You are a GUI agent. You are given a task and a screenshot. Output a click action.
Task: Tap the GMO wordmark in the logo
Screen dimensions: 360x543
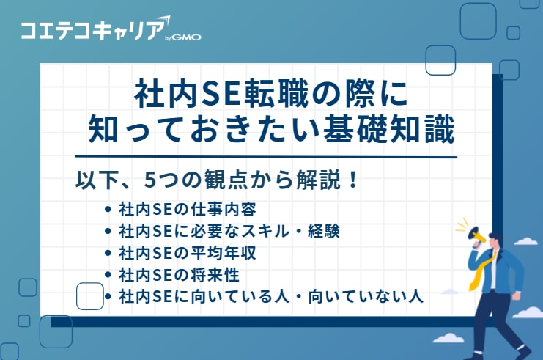[x=187, y=37]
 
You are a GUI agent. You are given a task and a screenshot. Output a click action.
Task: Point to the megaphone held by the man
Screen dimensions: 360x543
[x=472, y=235]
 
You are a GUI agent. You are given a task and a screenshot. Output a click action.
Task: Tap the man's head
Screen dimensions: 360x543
[x=495, y=243]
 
